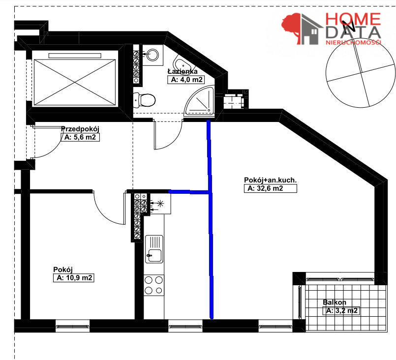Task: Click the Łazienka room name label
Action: click(183, 71)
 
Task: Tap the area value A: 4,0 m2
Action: click(186, 80)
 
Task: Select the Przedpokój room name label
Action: click(80, 129)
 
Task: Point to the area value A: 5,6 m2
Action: click(80, 137)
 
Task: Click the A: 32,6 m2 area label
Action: click(270, 188)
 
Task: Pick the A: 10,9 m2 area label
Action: click(73, 278)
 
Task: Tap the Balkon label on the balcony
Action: click(335, 302)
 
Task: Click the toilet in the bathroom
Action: click(144, 100)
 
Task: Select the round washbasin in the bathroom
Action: click(152, 54)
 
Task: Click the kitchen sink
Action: click(154, 249)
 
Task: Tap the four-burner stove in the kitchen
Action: click(154, 285)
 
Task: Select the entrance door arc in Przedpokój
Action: click(52, 150)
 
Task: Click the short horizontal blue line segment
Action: click(189, 192)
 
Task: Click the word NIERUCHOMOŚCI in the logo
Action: click(353, 42)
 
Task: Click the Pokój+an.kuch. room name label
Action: click(270, 180)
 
